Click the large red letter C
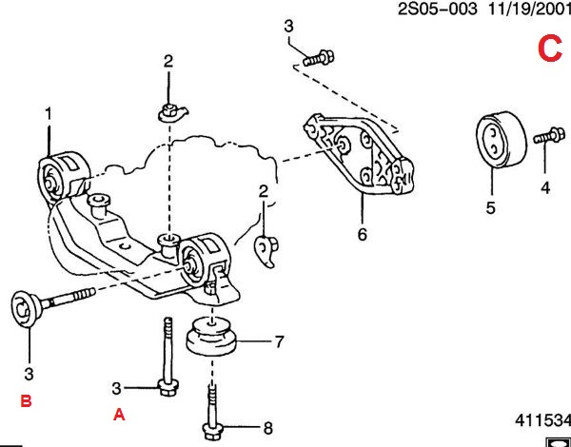[550, 48]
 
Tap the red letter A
[119, 414]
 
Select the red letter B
[27, 401]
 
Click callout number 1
[48, 115]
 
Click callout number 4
[545, 187]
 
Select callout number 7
[280, 340]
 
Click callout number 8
[267, 426]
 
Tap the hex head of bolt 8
[211, 428]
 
